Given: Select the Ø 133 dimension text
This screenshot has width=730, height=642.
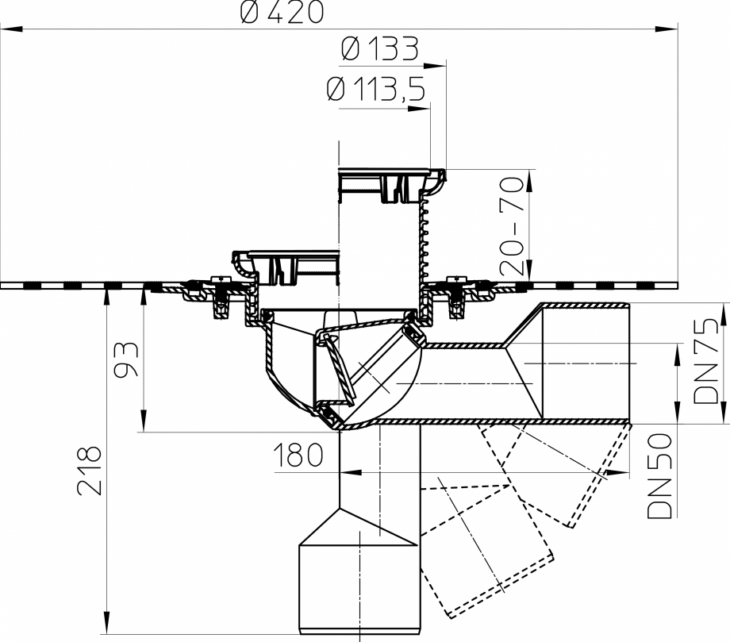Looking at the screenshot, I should [378, 50].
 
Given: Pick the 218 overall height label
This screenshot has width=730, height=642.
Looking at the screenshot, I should [90, 470].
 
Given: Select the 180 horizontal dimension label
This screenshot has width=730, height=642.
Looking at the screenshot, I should [298, 456].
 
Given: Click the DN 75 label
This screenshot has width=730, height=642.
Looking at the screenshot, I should [705, 357].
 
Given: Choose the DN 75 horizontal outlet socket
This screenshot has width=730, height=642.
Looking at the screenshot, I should [584, 361].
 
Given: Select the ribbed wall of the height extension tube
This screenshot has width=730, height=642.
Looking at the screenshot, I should [424, 238].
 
